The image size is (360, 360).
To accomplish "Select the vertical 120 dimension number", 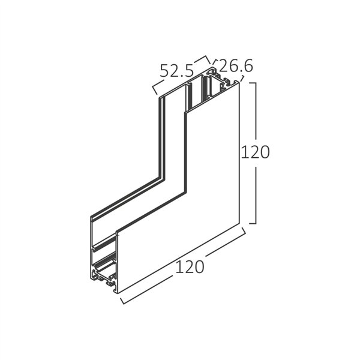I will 255,152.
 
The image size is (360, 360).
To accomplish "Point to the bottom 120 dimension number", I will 190,266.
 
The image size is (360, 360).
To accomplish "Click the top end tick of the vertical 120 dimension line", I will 253,83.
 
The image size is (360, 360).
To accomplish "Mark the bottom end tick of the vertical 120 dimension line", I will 253,223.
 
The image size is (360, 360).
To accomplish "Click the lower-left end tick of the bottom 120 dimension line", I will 123,300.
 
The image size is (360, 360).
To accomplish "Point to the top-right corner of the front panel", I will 239,82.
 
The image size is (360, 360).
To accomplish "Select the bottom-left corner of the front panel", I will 116,292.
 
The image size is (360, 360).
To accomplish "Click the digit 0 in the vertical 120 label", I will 264,152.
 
